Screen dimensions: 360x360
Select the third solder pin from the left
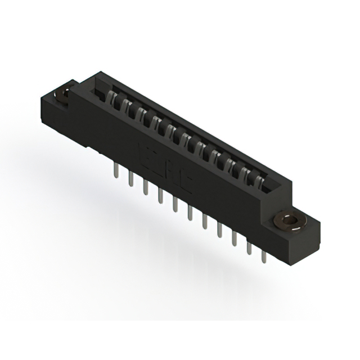[145, 188]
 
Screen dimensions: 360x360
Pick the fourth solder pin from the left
[160, 197]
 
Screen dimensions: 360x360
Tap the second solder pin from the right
[248, 247]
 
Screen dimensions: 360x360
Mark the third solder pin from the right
[233, 239]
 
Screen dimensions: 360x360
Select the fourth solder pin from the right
[219, 231]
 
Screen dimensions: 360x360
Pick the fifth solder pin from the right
[204, 223]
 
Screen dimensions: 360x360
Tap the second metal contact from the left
[128, 109]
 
